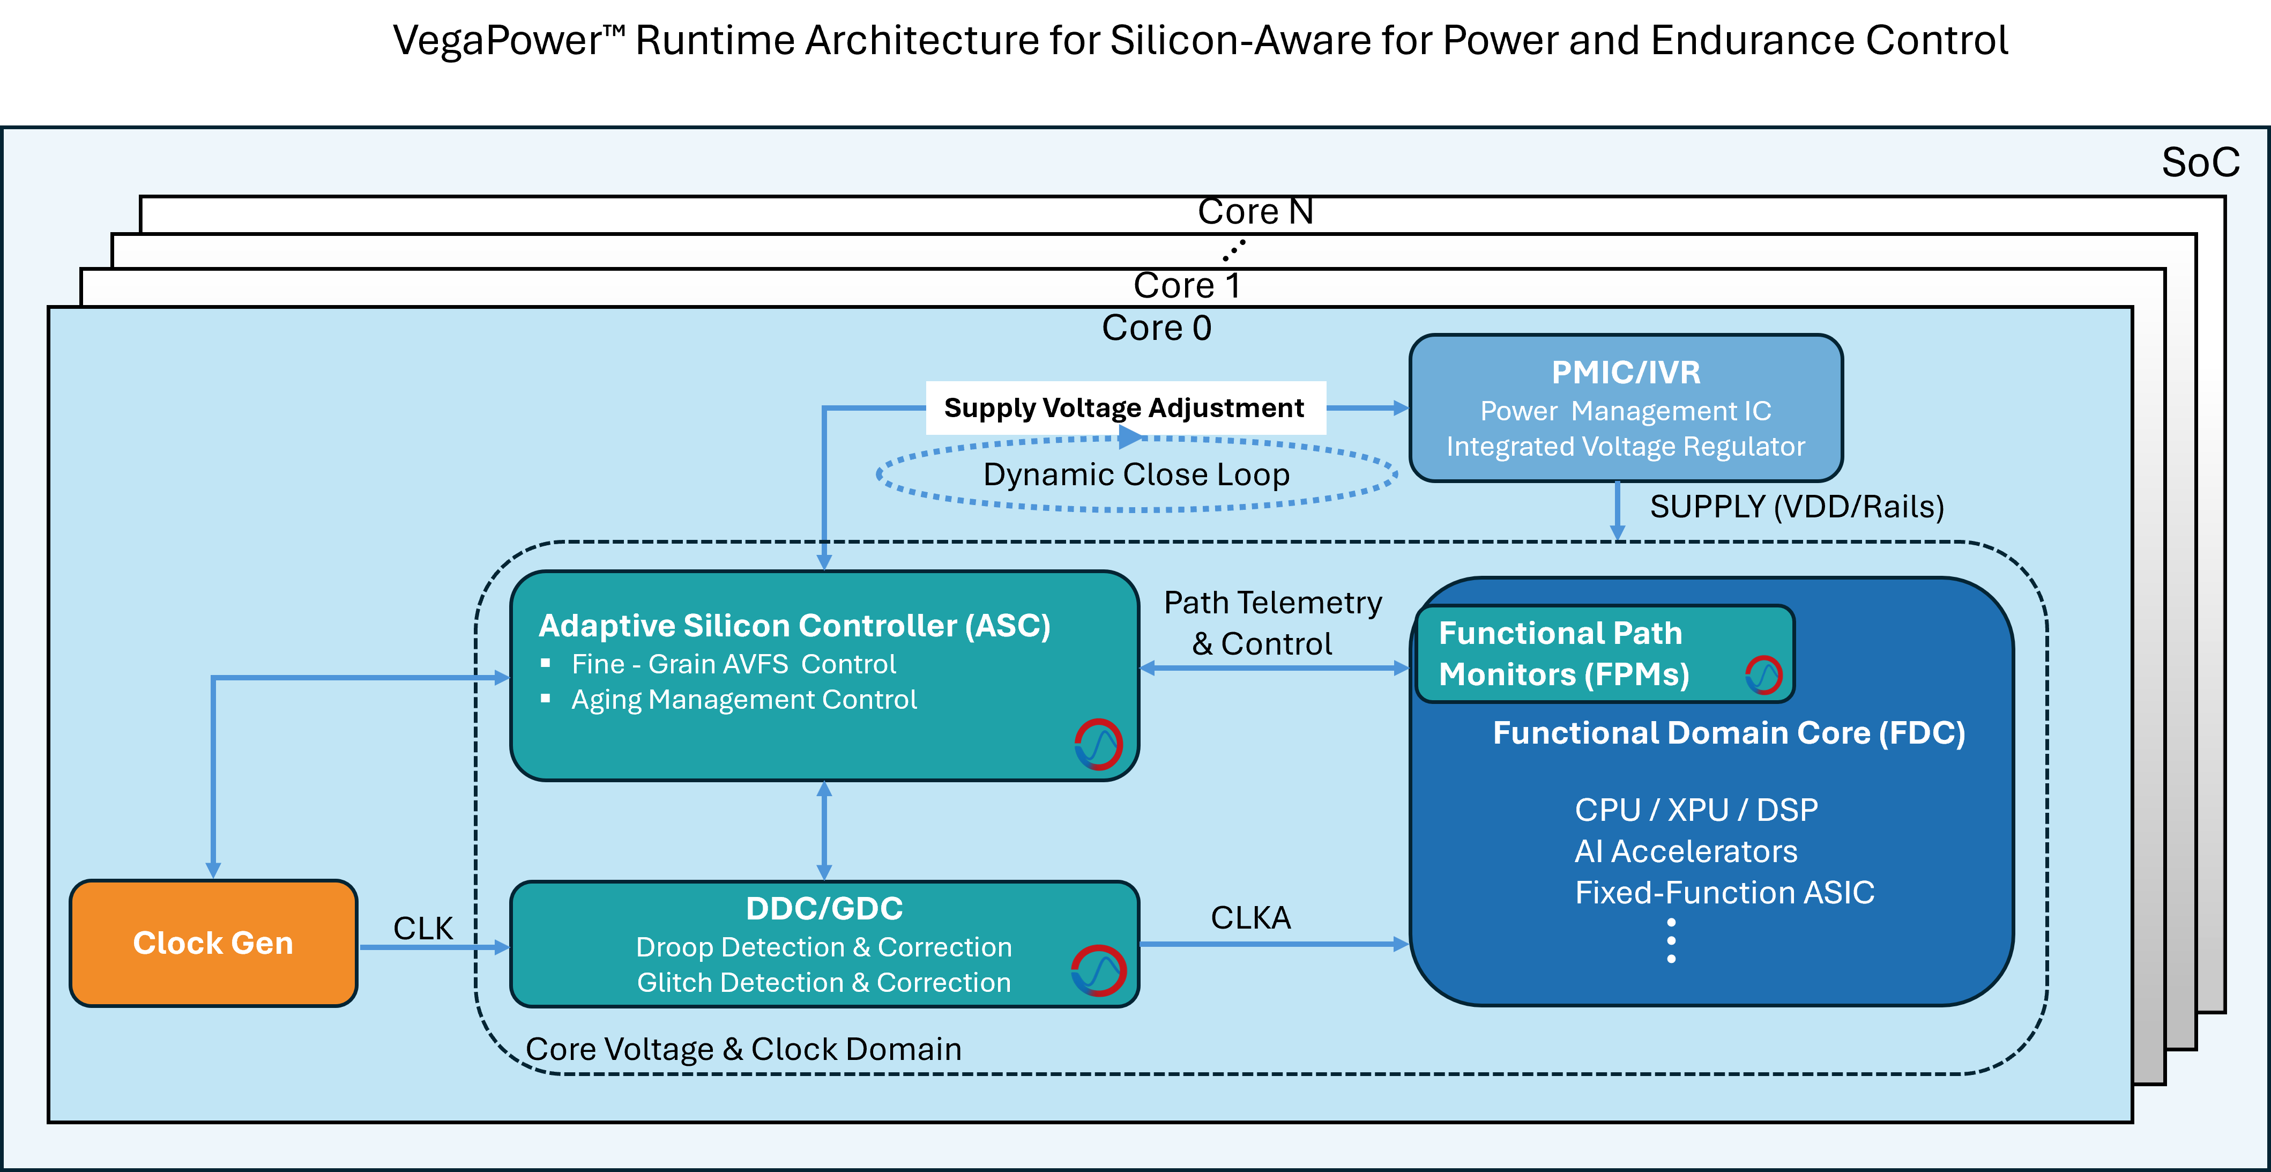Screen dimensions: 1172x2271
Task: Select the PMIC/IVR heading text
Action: [x=1626, y=372]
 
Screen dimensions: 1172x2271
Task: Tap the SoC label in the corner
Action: [x=2200, y=163]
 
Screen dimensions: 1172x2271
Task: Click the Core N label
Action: [x=1255, y=212]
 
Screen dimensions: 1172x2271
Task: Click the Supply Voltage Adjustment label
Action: [x=1124, y=407]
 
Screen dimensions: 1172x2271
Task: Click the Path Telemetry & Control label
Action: [x=1271, y=622]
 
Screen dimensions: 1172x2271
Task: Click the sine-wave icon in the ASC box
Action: [x=1098, y=744]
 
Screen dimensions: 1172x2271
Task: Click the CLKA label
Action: [x=1250, y=918]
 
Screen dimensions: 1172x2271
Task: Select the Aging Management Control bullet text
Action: [x=743, y=699]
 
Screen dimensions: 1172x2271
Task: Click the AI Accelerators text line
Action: [x=1686, y=851]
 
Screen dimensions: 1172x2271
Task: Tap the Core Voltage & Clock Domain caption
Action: [x=743, y=1049]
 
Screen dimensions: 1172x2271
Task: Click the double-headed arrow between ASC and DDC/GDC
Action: [x=824, y=830]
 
